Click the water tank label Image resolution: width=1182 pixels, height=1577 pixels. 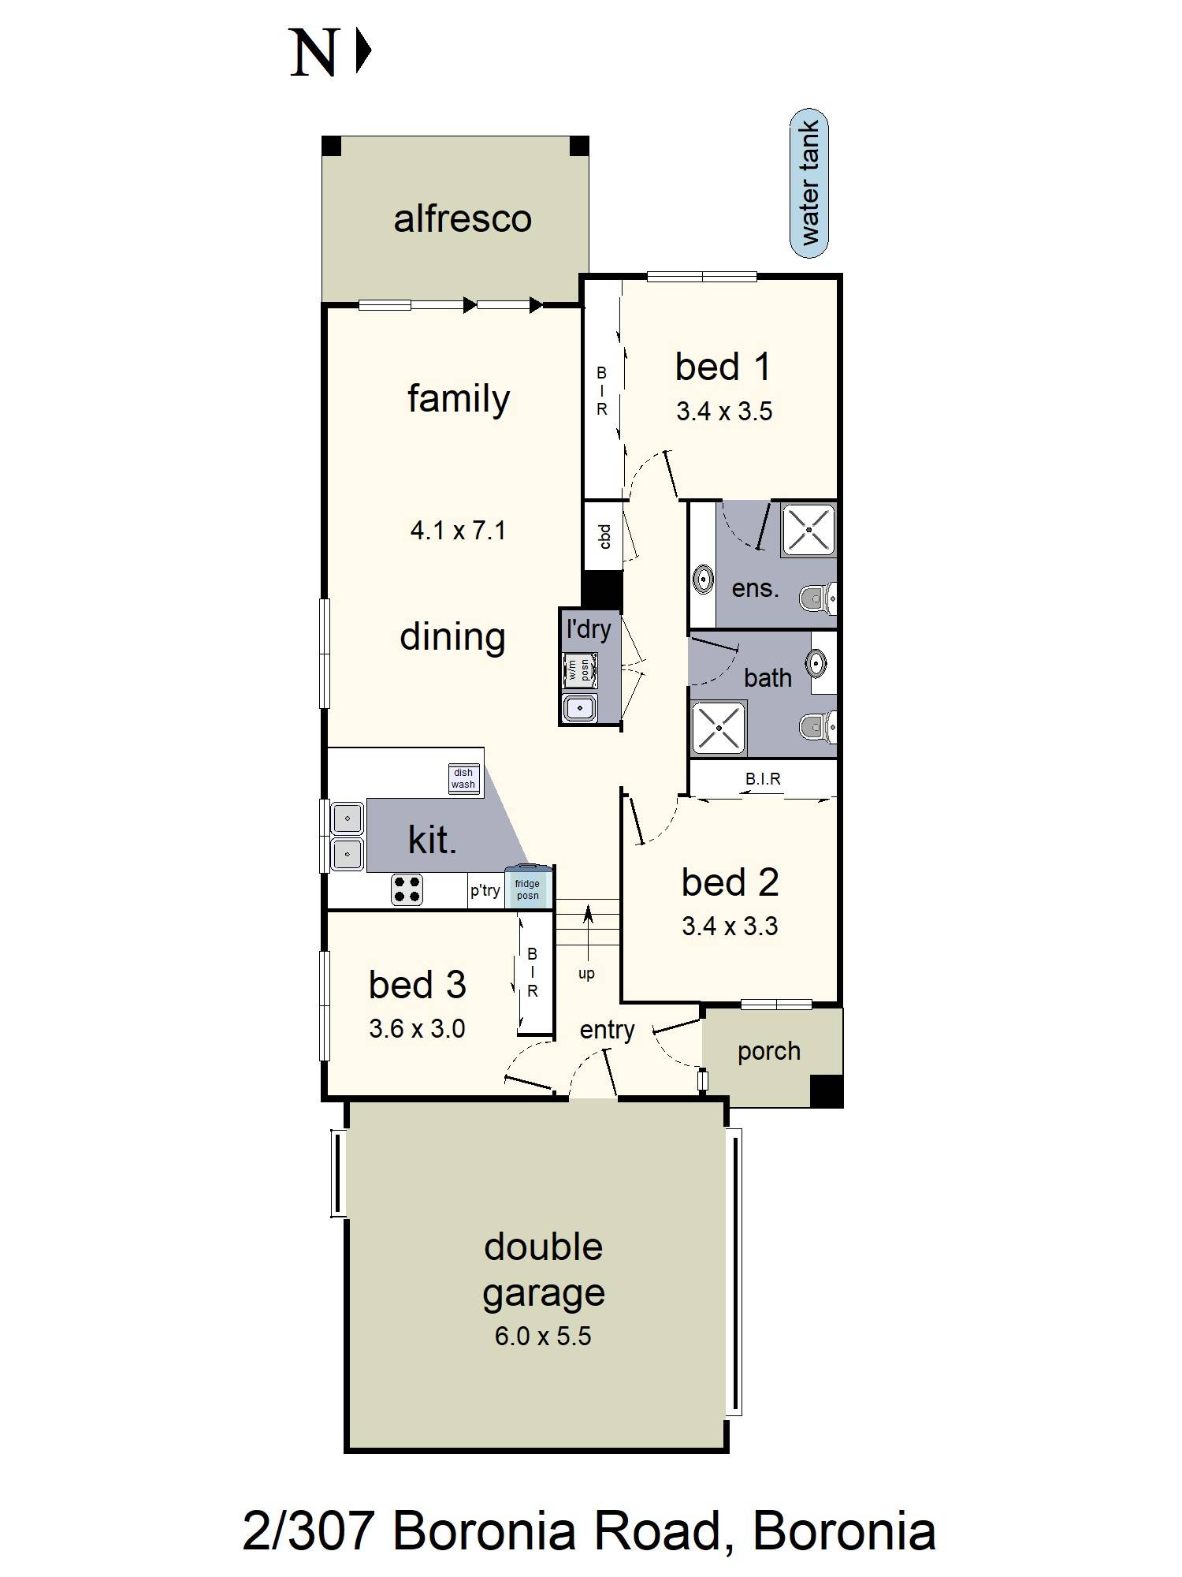point(809,183)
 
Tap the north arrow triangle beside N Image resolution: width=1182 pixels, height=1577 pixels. point(362,52)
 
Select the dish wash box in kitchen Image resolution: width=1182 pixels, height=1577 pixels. point(463,778)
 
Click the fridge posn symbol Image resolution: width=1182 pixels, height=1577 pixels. point(527,889)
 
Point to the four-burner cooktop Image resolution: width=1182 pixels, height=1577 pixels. point(407,889)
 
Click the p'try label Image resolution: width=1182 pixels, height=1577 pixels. point(485,890)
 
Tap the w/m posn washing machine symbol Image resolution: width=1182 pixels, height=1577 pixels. point(579,670)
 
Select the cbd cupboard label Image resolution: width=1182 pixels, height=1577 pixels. point(604,536)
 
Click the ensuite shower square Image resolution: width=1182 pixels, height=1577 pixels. point(808,530)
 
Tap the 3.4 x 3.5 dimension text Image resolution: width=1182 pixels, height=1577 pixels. point(724,412)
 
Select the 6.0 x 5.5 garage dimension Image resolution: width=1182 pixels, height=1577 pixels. point(542,1336)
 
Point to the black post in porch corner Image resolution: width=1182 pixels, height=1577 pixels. point(827,1090)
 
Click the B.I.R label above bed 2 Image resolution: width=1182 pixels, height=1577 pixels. point(763,779)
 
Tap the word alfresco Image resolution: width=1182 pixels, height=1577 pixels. point(463,218)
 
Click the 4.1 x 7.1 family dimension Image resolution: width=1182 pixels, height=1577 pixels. point(458,530)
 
